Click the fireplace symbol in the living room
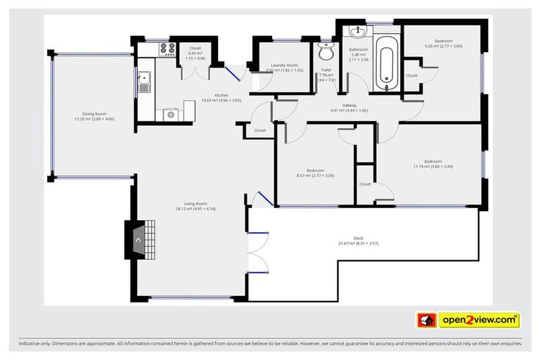(x=139, y=240)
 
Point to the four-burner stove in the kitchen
(x=168, y=49)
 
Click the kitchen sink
(x=144, y=82)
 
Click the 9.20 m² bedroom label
(x=443, y=41)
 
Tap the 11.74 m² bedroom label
(x=432, y=162)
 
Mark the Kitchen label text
(x=221, y=95)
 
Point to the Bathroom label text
(x=359, y=49)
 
